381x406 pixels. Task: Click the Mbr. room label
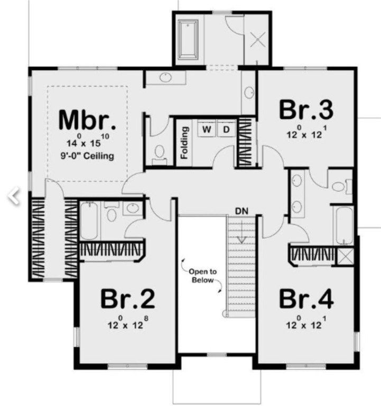coord(87,119)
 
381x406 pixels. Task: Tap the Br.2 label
coord(128,299)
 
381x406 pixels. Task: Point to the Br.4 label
coord(306,299)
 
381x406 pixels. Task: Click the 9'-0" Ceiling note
coord(87,157)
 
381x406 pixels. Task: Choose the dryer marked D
coord(226,129)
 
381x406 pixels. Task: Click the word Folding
coord(184,143)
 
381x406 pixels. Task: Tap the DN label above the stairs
coord(241,210)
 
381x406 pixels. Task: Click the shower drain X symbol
coord(258,39)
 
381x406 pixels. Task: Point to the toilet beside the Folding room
coord(159,152)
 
